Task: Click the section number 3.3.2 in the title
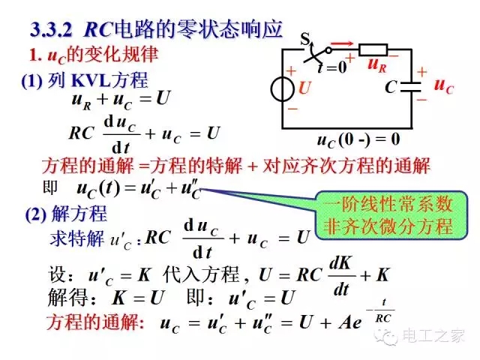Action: (51, 30)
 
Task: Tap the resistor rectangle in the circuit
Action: (373, 49)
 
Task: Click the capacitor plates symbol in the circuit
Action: (411, 87)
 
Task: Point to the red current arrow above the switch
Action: (342, 43)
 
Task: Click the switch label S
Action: (305, 38)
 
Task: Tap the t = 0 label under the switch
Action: (332, 67)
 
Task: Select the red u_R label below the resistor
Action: (377, 64)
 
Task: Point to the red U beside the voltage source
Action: (304, 88)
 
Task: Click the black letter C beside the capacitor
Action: (391, 87)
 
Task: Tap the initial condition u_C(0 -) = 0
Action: (358, 140)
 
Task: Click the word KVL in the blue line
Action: (91, 80)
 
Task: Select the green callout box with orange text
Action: (391, 215)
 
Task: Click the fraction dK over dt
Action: (342, 276)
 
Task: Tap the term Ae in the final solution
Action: (350, 322)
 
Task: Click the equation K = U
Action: (139, 297)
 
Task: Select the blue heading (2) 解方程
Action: (66, 213)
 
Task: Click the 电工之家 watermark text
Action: (433, 336)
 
